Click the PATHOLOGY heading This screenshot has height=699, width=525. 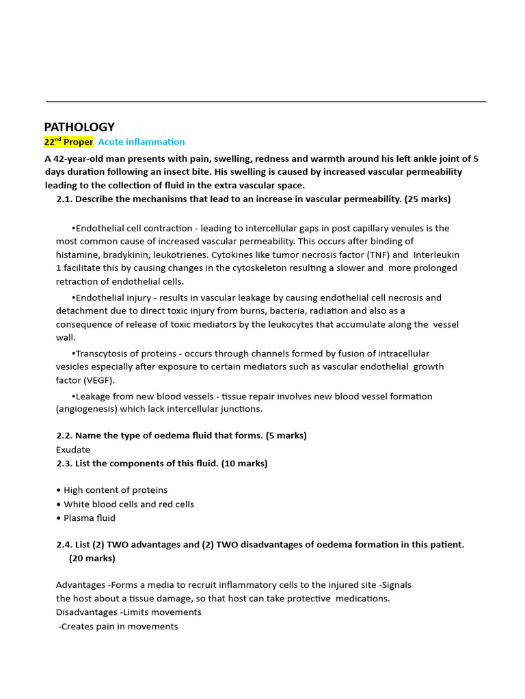click(79, 127)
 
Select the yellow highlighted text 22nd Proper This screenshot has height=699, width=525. click(68, 142)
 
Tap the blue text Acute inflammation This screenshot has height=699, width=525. click(142, 142)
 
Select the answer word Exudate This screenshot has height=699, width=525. click(73, 450)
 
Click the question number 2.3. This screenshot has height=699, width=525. click(64, 463)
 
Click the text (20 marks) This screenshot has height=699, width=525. click(92, 558)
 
